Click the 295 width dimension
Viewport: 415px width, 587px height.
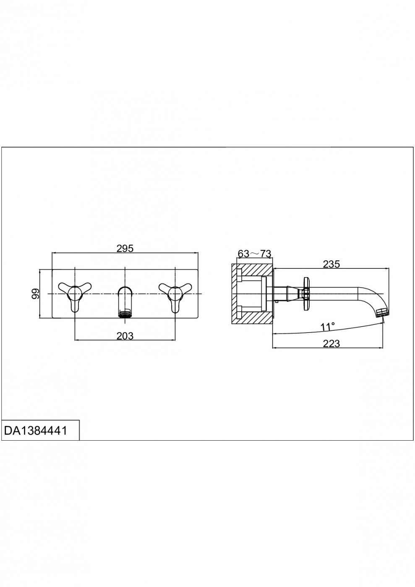click(x=125, y=248)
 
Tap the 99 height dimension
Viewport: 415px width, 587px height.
click(x=35, y=293)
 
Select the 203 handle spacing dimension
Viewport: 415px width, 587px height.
click(x=125, y=336)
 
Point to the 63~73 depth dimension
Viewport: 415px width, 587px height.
click(x=254, y=253)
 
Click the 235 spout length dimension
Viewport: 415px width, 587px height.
click(x=331, y=264)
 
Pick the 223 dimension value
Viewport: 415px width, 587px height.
click(x=331, y=343)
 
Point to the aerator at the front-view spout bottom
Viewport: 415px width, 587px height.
click(x=125, y=314)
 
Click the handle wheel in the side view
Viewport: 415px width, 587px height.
click(x=306, y=294)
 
